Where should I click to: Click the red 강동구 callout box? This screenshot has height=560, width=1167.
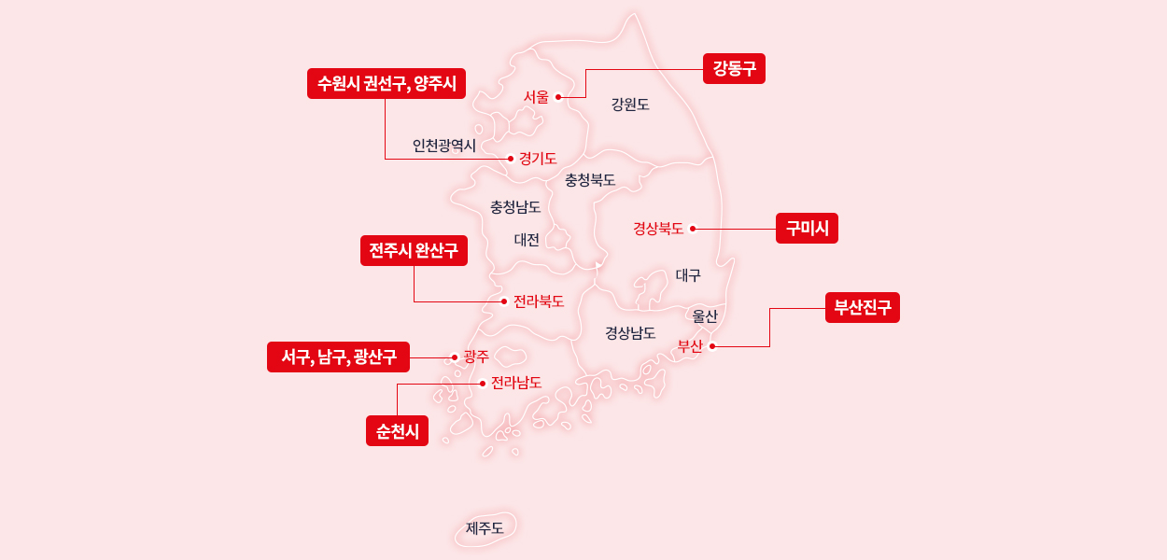point(734,68)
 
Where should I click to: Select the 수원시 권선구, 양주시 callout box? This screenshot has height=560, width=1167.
point(387,84)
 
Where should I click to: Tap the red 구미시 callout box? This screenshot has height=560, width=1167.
point(807,229)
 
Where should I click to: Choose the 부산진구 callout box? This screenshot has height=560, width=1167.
point(862,307)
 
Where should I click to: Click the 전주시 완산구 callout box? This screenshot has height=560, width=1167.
point(414,251)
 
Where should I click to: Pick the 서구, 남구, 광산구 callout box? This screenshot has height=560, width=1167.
point(338,357)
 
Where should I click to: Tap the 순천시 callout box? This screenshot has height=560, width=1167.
point(397,430)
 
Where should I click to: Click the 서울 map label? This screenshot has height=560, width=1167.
point(536,96)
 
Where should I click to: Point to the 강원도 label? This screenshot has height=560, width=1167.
point(630,105)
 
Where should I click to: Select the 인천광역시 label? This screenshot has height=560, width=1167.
point(444,146)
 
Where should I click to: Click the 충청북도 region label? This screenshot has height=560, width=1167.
point(590,179)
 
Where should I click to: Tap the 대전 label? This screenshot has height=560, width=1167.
point(527,240)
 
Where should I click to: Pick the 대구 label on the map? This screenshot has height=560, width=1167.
point(688,275)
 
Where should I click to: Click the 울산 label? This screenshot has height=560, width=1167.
point(705,315)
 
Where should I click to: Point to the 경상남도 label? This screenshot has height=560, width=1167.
point(630,332)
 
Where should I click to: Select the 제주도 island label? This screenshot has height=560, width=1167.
point(485,528)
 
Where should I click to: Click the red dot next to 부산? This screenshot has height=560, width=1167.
point(712,346)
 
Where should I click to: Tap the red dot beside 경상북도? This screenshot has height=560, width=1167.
point(693,229)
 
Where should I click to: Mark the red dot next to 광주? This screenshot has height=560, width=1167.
point(455,357)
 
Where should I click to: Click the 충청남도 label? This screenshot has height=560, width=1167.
point(515,206)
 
